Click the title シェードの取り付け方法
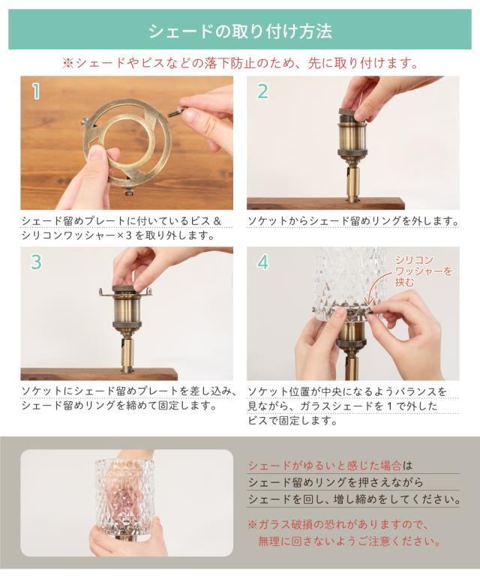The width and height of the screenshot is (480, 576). pos(240,31)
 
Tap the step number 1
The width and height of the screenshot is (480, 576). pos(35,91)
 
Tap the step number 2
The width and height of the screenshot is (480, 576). pos(262,91)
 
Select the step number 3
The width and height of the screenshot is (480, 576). pos(36,262)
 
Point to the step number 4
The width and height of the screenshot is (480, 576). pos(263,262)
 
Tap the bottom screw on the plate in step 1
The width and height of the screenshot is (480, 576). pos(128,191)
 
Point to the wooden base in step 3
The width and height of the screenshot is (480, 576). pos(99,373)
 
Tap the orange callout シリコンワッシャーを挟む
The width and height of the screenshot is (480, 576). pos(423,271)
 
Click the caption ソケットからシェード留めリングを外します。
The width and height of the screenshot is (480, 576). pos(353,221)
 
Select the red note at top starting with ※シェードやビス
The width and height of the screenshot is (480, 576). pos(241,63)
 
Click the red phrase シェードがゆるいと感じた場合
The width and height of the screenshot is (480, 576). pos(324,466)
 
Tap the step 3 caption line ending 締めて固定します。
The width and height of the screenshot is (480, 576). pos(118,406)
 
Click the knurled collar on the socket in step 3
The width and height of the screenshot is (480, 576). pos(126,324)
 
